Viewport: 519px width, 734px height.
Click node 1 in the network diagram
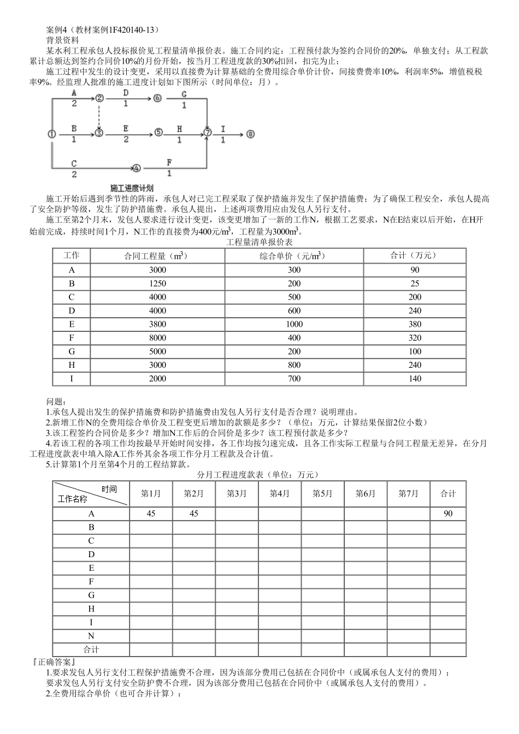51,134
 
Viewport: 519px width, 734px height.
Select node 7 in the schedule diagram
208,133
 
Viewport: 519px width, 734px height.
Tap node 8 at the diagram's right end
250,134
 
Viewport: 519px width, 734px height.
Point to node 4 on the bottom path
136,168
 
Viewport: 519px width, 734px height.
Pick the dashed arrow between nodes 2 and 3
99,115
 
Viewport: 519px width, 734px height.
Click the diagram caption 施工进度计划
131,187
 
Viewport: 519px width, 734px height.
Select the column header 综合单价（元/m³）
294,255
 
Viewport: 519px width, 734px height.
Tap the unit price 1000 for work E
294,324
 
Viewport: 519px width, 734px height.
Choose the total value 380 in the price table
415,324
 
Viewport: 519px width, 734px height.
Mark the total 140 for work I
415,378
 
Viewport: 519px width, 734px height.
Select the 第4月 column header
280,493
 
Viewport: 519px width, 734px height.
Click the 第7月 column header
408,493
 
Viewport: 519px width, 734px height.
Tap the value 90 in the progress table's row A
447,514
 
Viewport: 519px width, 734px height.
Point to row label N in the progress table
91,636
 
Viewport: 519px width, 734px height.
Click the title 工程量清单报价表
259,242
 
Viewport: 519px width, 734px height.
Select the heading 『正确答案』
54,662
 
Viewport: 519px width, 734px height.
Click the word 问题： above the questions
56,402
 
